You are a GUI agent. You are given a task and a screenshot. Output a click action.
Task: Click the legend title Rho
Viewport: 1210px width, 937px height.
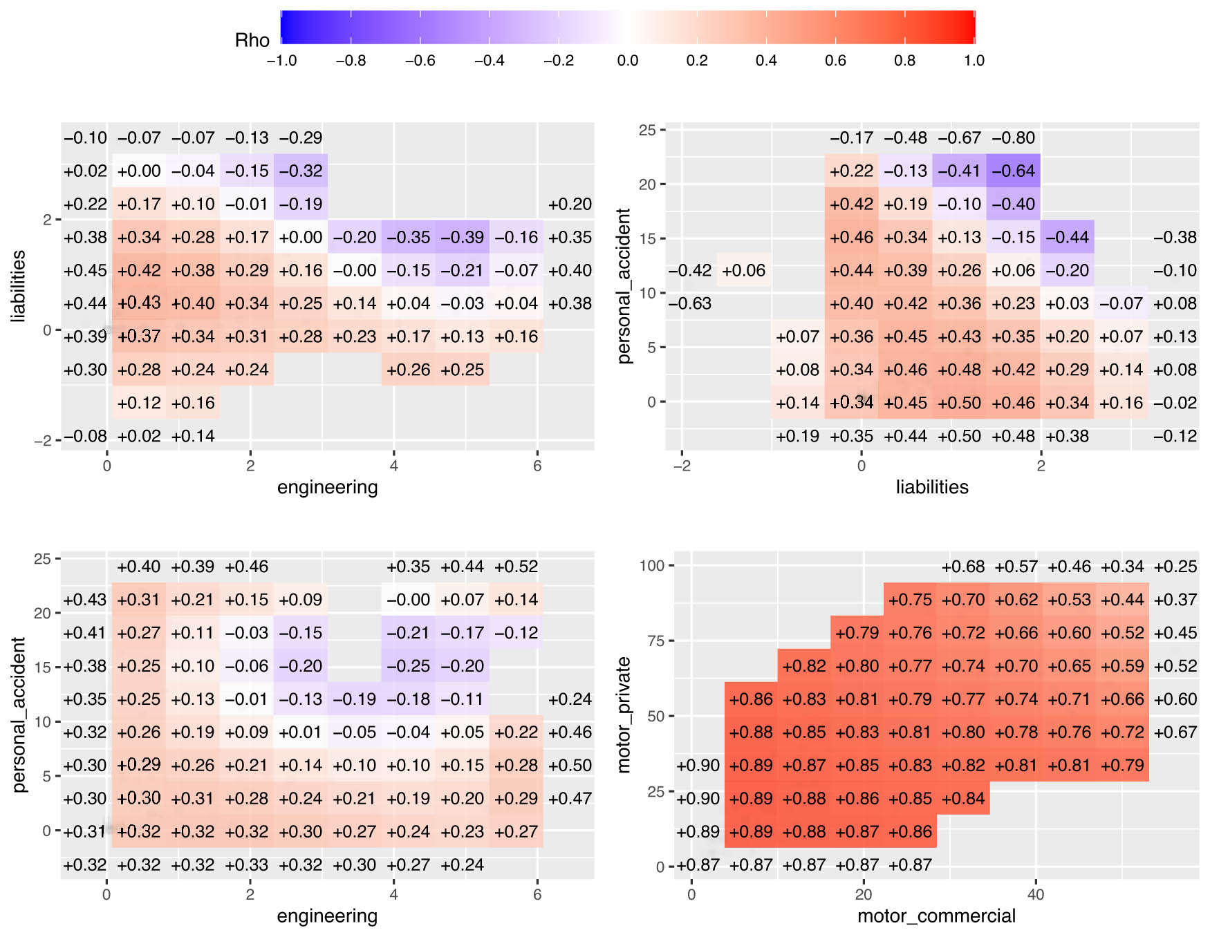coord(252,40)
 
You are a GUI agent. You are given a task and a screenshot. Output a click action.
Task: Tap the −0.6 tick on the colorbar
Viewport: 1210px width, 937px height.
coord(420,61)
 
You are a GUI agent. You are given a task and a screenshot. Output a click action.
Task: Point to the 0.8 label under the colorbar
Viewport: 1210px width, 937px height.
coord(904,61)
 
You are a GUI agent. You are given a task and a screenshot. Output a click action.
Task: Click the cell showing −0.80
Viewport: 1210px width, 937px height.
coord(1014,138)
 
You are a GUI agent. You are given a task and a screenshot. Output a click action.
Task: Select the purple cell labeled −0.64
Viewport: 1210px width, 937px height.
coord(1014,171)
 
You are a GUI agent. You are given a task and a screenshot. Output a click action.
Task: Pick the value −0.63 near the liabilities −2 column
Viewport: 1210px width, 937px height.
coord(690,303)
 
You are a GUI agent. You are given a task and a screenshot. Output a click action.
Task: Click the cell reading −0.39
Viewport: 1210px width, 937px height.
coord(463,237)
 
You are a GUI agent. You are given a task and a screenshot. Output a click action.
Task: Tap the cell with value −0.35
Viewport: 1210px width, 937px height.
coord(409,237)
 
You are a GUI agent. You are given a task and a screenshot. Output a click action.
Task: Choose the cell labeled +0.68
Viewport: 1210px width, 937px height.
coord(963,567)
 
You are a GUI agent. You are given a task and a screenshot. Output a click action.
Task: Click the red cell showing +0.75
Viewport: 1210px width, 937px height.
coord(910,600)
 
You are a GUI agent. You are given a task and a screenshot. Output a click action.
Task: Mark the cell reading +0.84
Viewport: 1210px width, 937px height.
coord(963,798)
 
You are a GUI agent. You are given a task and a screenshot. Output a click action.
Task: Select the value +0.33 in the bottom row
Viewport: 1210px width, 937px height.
coord(247,864)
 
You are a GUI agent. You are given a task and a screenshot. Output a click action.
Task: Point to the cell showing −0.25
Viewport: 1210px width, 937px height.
coord(409,666)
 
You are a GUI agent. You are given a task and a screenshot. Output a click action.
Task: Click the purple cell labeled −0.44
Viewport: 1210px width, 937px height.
coord(1068,237)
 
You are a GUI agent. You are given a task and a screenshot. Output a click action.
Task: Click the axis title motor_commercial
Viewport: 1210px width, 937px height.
coord(936,916)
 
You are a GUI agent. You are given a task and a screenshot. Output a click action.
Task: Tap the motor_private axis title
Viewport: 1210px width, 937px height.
coord(624,714)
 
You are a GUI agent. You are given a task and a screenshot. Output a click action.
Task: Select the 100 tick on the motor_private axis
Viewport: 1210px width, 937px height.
coord(651,566)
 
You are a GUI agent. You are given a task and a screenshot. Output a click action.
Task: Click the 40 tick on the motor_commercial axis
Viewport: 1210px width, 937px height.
coord(1035,894)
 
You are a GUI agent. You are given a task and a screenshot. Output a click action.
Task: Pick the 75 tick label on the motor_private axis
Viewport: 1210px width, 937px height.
coord(655,641)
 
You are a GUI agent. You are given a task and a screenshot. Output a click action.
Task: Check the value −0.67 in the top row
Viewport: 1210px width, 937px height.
coord(960,138)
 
